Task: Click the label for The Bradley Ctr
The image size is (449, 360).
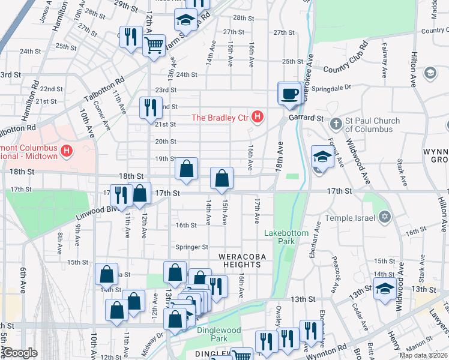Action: coord(220,118)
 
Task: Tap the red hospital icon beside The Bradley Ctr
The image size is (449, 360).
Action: coord(258,117)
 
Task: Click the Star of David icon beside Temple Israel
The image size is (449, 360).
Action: coord(385,217)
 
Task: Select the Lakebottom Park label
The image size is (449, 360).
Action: coord(286,236)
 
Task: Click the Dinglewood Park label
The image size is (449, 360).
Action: coord(219,334)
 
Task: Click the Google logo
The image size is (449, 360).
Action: coord(20,353)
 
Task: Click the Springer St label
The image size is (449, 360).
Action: coord(191,247)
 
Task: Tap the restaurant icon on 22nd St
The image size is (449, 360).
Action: coord(149,108)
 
